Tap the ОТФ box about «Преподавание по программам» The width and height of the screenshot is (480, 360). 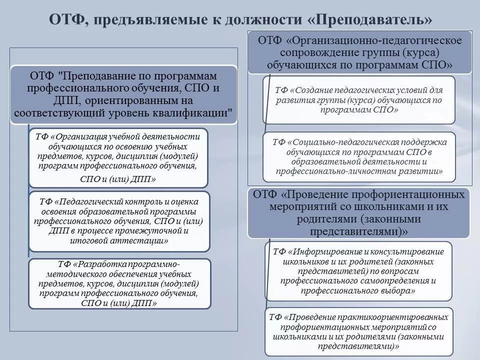pos(124,94)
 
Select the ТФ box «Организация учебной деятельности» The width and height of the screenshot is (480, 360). pos(118,157)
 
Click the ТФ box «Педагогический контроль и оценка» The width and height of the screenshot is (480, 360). pos(118,221)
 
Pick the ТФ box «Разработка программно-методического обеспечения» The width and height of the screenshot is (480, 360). pos(118,283)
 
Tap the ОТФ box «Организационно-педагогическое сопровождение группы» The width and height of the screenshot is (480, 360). pos(360,52)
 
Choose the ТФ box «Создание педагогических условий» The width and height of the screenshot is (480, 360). pos(359,100)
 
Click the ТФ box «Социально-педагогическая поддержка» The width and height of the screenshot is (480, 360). pos(359,156)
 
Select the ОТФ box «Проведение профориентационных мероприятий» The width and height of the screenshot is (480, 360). pos(359,212)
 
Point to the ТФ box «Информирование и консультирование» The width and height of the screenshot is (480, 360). pos(359,270)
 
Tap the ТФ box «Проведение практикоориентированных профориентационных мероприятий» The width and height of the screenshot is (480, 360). pos(359,331)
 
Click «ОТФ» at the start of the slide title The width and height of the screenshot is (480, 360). pos(65,19)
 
